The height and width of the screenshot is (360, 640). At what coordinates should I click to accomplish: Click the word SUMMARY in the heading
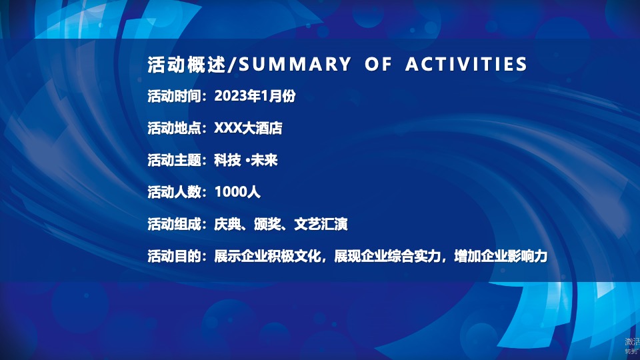[x=294, y=64]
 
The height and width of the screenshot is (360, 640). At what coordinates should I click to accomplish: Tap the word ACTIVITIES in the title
[x=466, y=64]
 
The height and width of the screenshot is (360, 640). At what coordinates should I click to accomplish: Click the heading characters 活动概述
[x=187, y=64]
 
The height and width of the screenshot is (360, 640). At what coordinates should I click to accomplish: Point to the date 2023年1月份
[x=255, y=96]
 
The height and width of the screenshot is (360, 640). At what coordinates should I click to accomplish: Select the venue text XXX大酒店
[x=248, y=128]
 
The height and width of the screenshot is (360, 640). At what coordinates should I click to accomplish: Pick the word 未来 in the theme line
[x=264, y=160]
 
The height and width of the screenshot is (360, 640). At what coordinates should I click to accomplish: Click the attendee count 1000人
[x=237, y=193]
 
